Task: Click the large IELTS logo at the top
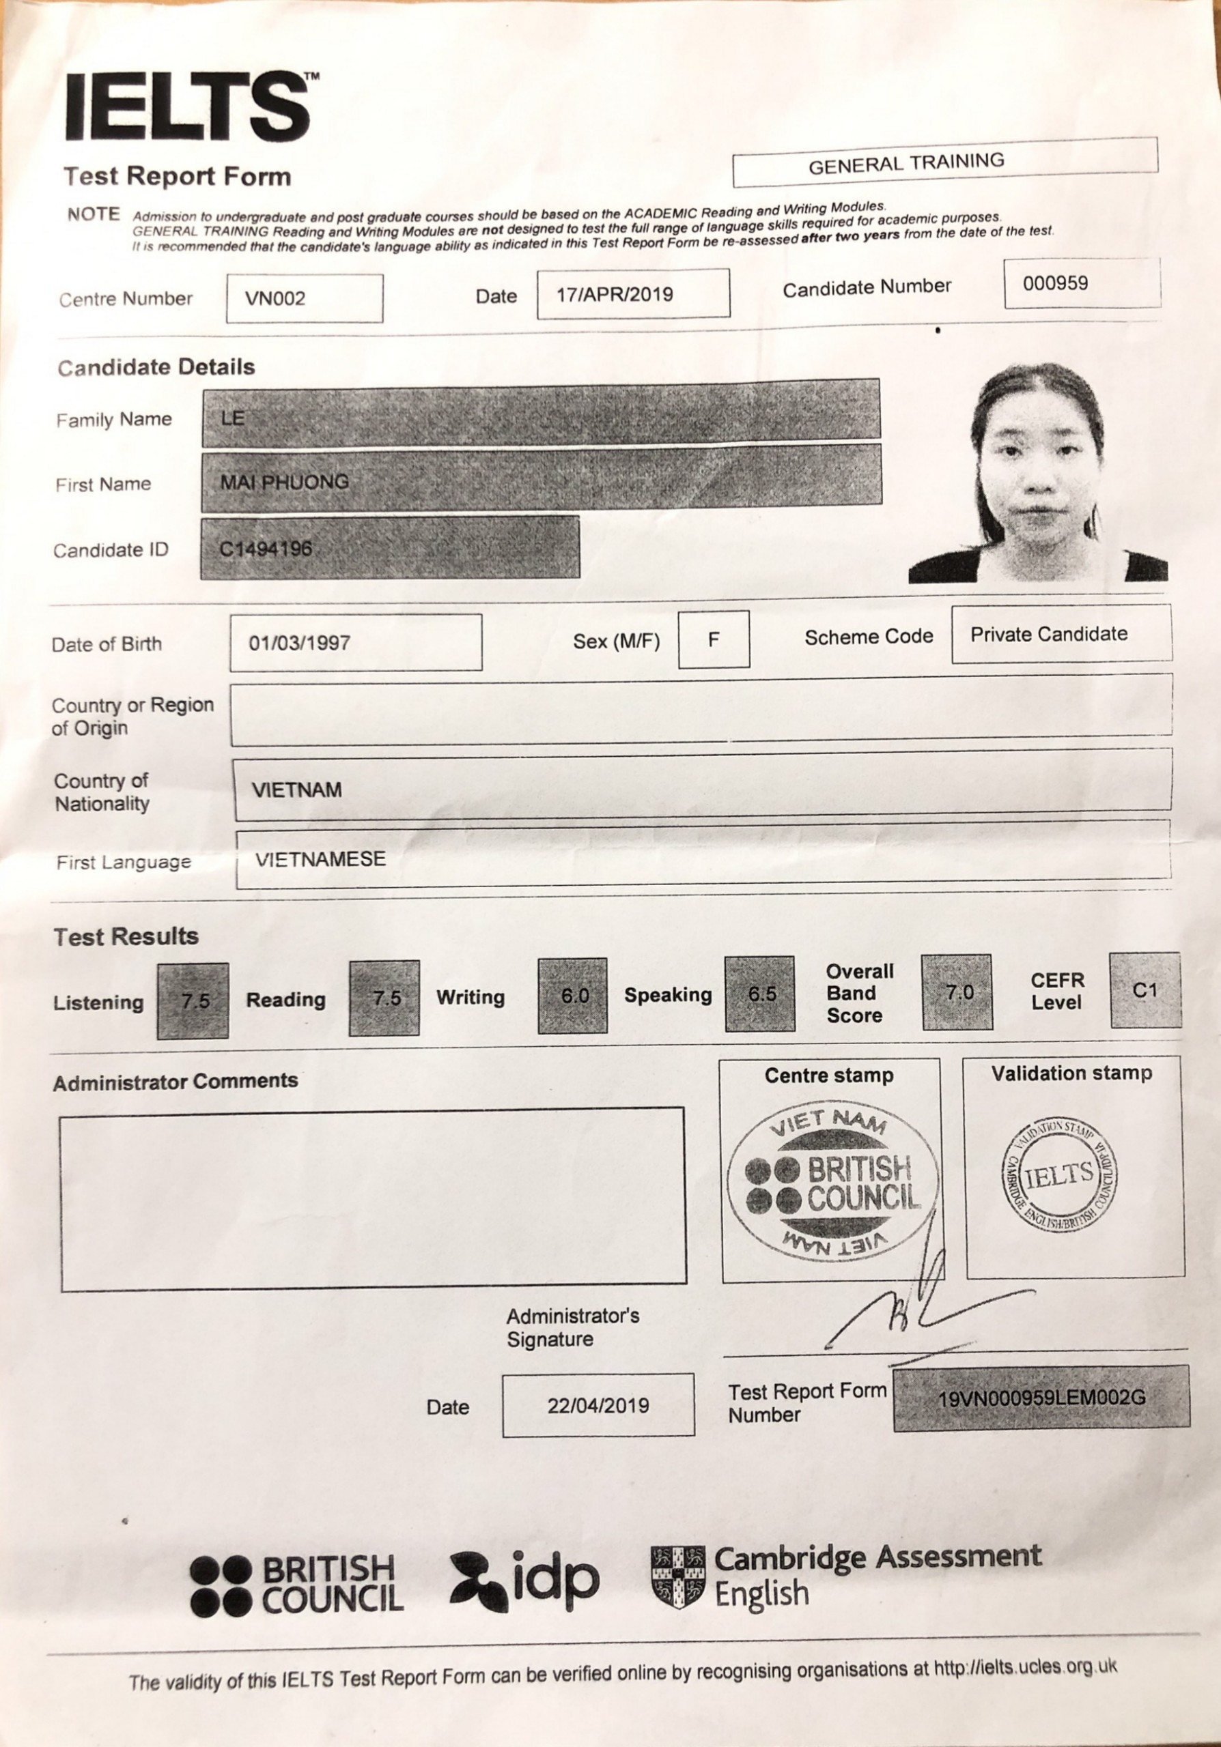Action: point(188,106)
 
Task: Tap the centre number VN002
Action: point(276,298)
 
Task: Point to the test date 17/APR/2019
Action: point(615,294)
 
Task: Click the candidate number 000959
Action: point(1055,284)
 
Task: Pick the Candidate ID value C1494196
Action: point(266,549)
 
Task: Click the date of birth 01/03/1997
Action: point(300,643)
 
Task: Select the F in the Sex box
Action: point(713,639)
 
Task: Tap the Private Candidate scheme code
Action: point(1049,634)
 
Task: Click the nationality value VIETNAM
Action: point(297,790)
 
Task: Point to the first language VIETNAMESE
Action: point(320,860)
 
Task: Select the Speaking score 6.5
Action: point(761,994)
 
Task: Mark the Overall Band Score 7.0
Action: point(959,992)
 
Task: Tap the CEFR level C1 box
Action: point(1145,990)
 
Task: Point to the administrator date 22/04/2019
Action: point(598,1405)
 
